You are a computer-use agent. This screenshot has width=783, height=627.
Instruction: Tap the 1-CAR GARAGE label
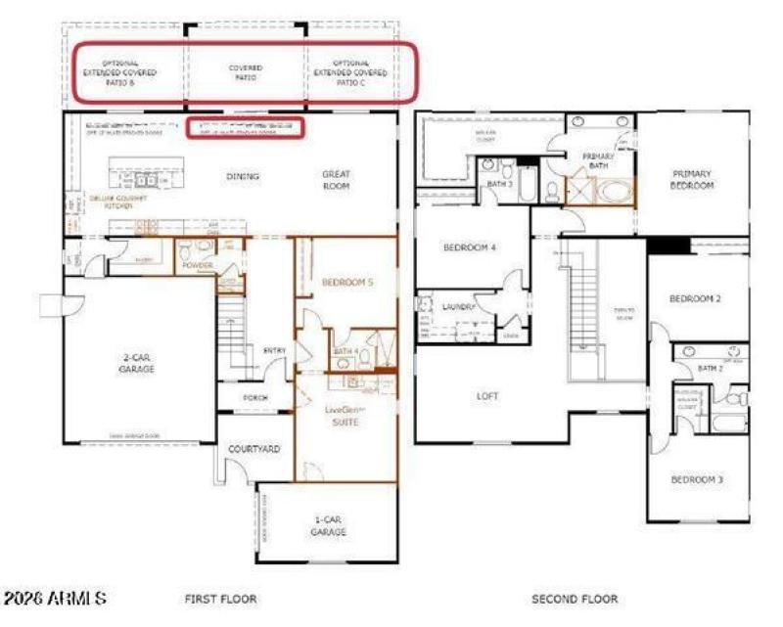(x=328, y=525)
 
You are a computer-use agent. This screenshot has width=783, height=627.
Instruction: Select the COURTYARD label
(x=254, y=449)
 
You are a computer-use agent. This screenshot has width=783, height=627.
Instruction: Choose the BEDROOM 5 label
(x=347, y=282)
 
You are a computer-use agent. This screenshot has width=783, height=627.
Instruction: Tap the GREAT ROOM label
(x=337, y=180)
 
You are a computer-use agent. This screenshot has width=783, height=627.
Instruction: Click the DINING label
(x=243, y=177)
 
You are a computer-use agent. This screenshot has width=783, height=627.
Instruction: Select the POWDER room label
(x=197, y=264)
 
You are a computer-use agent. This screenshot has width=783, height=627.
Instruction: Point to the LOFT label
(x=486, y=396)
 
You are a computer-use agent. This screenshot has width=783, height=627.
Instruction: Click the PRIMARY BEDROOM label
(x=692, y=179)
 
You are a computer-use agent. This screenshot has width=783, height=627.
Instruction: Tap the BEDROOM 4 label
(x=470, y=247)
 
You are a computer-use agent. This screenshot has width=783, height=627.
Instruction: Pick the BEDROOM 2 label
(x=697, y=298)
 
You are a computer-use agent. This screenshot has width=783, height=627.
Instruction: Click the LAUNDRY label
(x=457, y=307)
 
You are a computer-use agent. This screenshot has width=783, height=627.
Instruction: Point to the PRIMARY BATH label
(x=598, y=161)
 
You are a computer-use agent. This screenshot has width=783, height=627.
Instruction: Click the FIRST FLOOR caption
(x=220, y=598)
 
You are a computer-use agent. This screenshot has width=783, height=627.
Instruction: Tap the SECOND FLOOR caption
(x=575, y=598)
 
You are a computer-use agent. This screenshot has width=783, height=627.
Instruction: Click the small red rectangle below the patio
(x=245, y=127)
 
